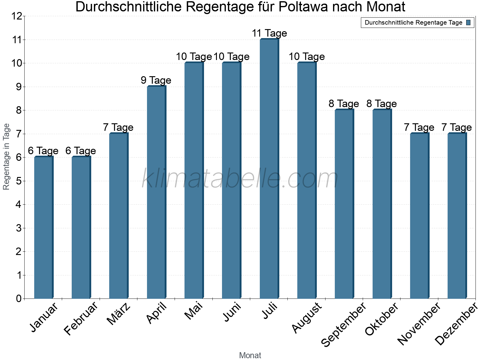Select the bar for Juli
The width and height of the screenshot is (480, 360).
coord(269,169)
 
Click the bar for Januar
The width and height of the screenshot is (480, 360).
coord(43,227)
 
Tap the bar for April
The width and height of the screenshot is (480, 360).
coord(156,192)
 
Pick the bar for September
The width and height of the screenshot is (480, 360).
coord(344,204)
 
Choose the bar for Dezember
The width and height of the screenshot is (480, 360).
coord(457,216)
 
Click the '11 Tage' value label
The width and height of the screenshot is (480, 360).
coord(269,33)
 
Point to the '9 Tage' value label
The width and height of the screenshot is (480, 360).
coord(156,80)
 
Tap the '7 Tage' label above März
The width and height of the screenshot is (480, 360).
coord(118,127)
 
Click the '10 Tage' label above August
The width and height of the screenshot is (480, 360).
coord(307,57)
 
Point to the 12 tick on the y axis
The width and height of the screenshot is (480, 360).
coord(17,16)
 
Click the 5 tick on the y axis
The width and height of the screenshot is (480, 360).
coord(19,181)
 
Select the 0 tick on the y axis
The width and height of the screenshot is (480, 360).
coord(19,298)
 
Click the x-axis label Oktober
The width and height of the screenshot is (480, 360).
coord(382,319)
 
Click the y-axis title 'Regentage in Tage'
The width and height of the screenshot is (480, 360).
coord(6,157)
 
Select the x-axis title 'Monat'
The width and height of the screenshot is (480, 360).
coord(250,355)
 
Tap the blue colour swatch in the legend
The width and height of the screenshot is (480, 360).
coord(468,22)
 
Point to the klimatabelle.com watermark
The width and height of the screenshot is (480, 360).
coord(240,179)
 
